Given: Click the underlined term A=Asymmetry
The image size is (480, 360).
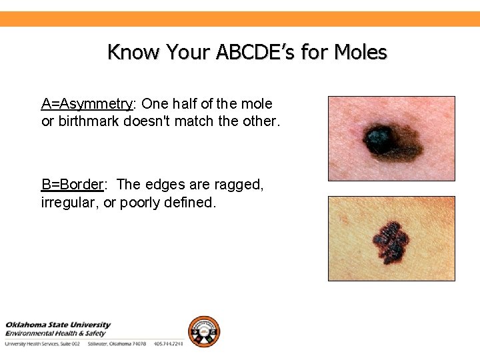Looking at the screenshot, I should pos(87,104).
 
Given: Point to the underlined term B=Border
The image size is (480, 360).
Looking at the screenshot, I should pos(72,185).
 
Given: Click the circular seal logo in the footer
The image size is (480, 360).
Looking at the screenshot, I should pos(203,331).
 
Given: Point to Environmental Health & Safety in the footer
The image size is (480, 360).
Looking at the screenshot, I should pos(55,333).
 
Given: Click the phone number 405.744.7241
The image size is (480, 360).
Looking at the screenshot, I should pos(167,344).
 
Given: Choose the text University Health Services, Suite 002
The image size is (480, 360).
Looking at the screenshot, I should pos(43,344).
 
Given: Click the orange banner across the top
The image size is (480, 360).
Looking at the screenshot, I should pos(240,19).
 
